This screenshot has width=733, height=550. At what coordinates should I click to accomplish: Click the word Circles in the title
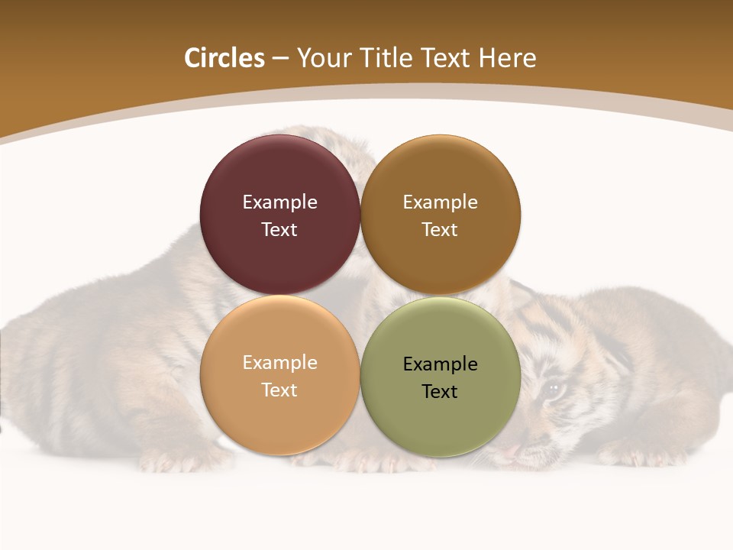click(224, 58)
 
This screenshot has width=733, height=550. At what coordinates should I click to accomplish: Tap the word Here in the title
click(507, 58)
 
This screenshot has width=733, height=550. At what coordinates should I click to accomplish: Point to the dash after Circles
click(280, 59)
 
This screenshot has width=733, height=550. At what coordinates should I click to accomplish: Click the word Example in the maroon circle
click(279, 202)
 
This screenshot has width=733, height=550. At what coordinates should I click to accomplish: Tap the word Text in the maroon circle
click(279, 229)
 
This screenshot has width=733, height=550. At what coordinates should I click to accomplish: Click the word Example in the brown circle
click(440, 202)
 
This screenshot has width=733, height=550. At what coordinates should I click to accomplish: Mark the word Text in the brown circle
click(440, 229)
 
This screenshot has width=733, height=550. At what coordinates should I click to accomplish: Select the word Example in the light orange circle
click(279, 362)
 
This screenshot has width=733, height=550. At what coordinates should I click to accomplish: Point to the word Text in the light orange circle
click(279, 390)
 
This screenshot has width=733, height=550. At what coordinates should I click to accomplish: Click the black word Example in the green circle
click(440, 364)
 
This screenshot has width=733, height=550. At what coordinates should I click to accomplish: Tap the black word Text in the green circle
click(440, 391)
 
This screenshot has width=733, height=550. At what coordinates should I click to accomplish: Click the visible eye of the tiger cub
click(554, 389)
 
